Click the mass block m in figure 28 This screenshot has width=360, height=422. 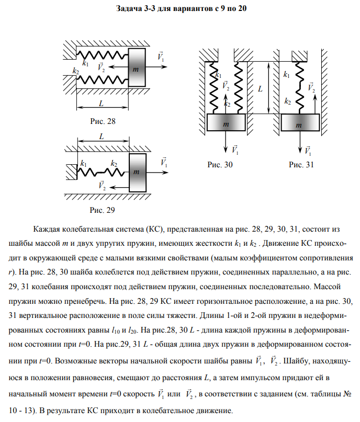136,67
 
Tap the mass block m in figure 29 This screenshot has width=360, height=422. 136,171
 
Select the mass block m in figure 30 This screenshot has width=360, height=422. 226,124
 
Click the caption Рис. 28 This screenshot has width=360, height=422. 103,121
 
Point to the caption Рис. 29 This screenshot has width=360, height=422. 102,210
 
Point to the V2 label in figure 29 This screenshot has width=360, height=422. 102,185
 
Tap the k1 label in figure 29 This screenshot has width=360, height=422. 83,164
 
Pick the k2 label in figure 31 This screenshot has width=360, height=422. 287,101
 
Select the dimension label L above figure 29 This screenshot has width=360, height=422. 102,136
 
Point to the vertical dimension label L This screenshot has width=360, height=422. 261,88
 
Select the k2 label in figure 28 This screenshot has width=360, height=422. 75,71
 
